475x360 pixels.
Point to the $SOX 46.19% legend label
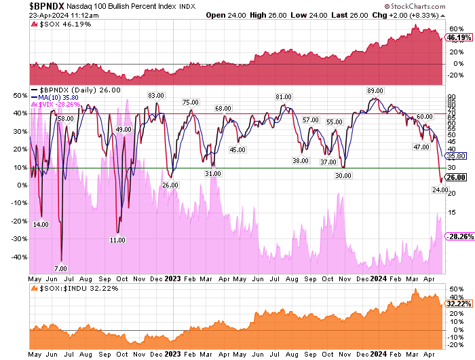tap(54, 25)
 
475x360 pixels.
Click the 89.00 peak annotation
tap(375, 90)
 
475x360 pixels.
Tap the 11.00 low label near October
tap(117, 240)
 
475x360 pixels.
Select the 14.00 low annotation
tap(41, 224)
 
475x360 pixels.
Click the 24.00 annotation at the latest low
tap(440, 190)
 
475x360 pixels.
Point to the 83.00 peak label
tap(157, 95)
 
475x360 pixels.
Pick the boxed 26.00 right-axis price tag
tap(455, 177)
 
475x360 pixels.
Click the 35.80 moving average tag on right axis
tap(455, 156)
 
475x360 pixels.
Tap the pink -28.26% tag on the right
tap(458, 236)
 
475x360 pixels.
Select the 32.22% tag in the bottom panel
tap(458, 306)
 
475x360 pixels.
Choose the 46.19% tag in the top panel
tap(458, 38)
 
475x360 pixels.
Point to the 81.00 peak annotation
tap(284, 97)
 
